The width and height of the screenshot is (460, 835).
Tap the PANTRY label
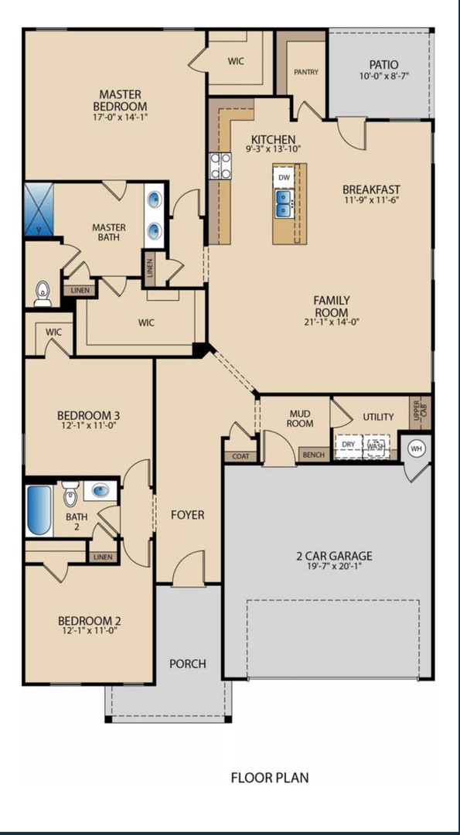306,73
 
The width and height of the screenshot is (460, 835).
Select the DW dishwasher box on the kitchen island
285,177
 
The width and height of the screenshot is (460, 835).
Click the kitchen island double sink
285,204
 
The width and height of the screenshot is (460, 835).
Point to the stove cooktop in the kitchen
221,165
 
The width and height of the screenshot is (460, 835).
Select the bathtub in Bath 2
39,510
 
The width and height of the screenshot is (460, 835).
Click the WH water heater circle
417,448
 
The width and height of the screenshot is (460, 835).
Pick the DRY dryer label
349,445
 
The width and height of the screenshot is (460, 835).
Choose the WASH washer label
376,446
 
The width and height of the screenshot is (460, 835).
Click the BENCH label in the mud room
314,455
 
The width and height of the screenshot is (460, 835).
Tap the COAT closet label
240,456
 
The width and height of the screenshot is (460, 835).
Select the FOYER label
187,514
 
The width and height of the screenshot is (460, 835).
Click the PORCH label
188,663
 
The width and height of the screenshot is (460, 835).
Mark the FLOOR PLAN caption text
270,777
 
